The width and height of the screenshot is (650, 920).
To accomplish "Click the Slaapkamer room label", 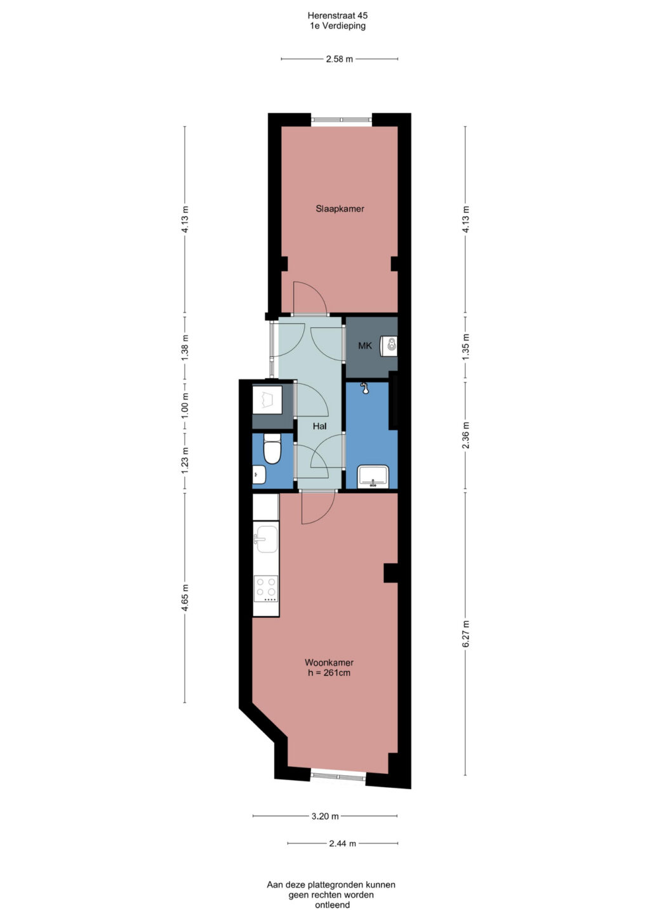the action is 340,208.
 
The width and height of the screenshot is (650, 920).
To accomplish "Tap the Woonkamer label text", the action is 329,662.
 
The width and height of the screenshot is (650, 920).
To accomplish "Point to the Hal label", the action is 320,426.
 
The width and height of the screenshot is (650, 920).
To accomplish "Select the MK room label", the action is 365,346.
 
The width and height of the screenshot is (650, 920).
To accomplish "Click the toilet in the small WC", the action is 272,449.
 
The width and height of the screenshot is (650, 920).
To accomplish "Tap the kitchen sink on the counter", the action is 266,539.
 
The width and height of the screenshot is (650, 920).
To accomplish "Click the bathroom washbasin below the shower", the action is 373,477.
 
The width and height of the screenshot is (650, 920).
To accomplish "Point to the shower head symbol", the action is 364,388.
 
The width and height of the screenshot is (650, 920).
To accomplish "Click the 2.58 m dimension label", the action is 340,58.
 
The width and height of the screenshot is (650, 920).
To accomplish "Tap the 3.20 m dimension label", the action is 325,816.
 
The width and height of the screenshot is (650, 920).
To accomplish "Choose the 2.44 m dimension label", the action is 342,844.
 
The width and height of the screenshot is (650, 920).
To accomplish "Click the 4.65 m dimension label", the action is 185,598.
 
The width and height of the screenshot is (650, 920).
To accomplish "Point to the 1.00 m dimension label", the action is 185,405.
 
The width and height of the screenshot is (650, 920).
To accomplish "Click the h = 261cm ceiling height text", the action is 329,673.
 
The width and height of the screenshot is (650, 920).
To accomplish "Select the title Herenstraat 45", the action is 338,16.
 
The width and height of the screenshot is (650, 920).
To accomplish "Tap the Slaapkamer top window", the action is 342,120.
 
